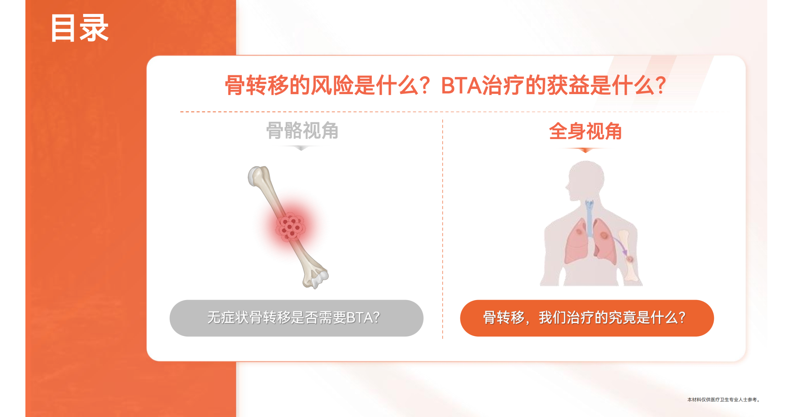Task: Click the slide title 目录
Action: pos(80,28)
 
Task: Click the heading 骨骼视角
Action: pos(302,130)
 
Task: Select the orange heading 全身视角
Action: pos(585,131)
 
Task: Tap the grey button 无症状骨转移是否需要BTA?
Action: pos(296,318)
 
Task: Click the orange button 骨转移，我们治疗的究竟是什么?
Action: pos(587,318)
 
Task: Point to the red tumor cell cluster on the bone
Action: pos(290,227)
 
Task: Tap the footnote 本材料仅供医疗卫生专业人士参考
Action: pos(723,400)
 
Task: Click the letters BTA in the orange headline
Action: pos(461,85)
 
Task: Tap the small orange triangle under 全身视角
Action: pos(585,150)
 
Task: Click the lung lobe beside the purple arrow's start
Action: pos(604,241)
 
